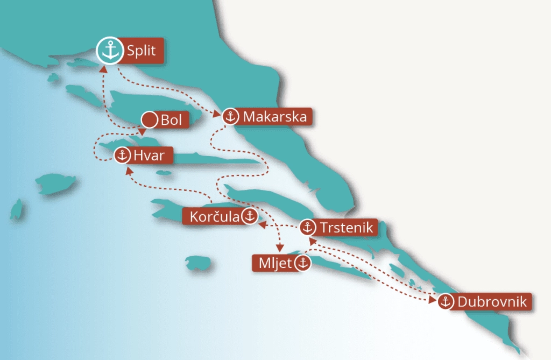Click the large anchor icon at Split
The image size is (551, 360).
click(110, 51)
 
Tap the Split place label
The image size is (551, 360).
click(142, 52)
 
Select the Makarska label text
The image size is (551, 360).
click(275, 117)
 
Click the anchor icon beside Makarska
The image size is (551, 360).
click(230, 116)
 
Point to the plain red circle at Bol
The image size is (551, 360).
click(149, 120)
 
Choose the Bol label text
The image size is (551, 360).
click(172, 121)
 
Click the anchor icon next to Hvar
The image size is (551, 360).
click(122, 156)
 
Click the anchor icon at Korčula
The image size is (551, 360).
click(249, 217)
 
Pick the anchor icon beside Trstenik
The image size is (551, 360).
click(307, 228)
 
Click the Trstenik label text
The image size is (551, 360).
click(346, 228)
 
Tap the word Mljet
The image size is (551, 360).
click(274, 264)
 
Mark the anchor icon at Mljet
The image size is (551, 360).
click(302, 263)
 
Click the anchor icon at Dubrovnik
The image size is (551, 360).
click(445, 302)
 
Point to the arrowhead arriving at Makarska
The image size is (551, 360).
click(217, 114)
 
